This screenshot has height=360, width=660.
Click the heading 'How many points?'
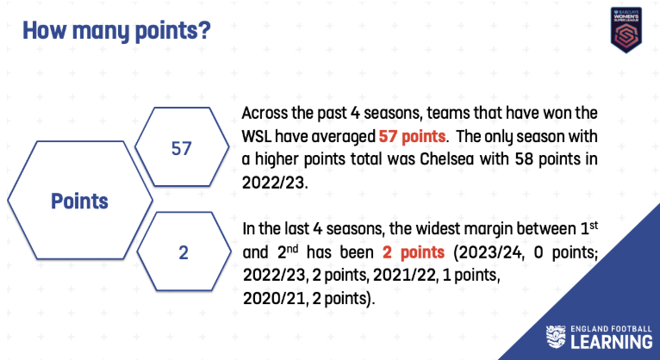(116, 31)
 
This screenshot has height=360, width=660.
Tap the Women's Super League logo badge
(626, 30)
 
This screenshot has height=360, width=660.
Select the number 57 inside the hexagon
(182, 148)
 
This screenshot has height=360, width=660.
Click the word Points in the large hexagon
(79, 201)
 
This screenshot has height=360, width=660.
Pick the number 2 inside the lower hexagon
(184, 252)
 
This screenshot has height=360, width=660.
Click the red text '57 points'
(412, 136)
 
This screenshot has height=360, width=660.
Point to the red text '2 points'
(414, 252)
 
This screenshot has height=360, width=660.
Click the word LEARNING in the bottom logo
(612, 342)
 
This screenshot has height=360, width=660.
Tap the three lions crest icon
(556, 337)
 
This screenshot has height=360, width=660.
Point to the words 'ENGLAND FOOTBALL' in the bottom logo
(611, 329)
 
